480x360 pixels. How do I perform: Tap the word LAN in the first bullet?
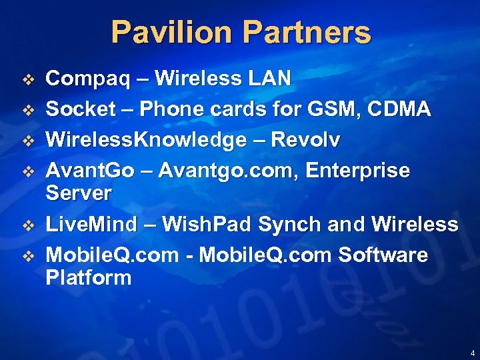[x=269, y=79]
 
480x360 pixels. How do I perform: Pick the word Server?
[x=78, y=194]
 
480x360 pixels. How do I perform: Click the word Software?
[x=383, y=255]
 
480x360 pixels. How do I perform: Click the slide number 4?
[x=472, y=353]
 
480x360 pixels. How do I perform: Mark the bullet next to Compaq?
[x=28, y=80]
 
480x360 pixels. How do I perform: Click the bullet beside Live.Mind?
[x=28, y=225]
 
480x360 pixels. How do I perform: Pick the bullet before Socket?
[x=28, y=110]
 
